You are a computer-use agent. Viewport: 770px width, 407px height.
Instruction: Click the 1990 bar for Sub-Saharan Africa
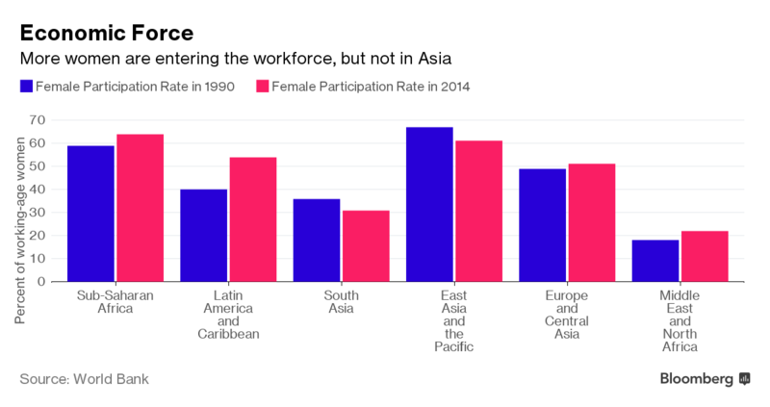(x=90, y=214)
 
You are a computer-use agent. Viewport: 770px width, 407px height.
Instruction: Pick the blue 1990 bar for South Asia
(x=317, y=240)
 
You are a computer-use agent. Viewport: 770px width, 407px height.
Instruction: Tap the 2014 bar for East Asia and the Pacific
(x=478, y=211)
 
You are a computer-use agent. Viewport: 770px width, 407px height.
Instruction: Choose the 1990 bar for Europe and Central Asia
(x=542, y=225)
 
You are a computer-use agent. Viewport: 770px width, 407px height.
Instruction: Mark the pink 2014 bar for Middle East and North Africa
(x=705, y=256)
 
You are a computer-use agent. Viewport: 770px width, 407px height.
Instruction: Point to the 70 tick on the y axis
(x=38, y=120)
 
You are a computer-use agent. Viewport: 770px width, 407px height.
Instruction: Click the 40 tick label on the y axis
(x=38, y=190)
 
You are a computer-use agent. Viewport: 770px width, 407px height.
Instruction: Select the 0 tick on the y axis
(x=42, y=282)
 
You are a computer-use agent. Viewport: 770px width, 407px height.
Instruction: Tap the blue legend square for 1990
(x=26, y=87)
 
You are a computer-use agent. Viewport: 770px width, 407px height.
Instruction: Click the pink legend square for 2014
(x=262, y=87)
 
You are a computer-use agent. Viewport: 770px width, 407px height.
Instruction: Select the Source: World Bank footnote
(x=84, y=378)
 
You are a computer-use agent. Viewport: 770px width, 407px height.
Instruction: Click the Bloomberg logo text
(x=697, y=378)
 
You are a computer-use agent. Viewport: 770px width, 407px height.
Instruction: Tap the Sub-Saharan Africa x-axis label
(x=115, y=302)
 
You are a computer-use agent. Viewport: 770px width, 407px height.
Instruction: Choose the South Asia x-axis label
(x=340, y=302)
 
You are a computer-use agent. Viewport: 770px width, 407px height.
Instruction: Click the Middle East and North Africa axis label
(x=680, y=321)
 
